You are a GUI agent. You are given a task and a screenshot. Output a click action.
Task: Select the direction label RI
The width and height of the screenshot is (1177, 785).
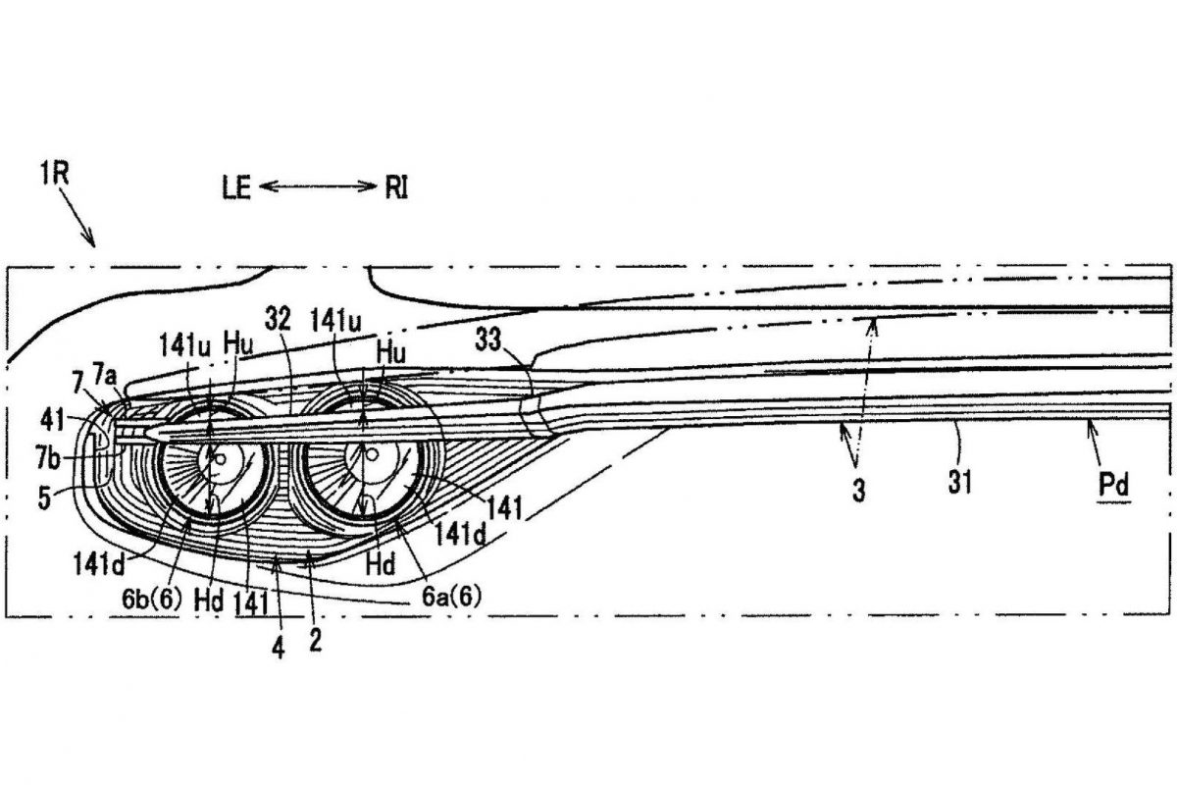(x=395, y=187)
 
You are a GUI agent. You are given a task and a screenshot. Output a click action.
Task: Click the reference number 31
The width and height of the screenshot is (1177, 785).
(x=960, y=483)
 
